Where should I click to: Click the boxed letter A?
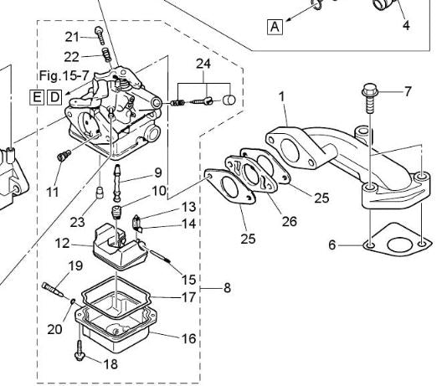(275, 27)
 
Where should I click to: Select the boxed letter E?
(37, 97)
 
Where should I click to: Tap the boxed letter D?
(54, 97)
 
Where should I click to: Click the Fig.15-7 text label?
(64, 75)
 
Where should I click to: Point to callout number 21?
(72, 37)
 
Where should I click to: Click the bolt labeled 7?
(368, 98)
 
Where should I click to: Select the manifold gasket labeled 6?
(398, 239)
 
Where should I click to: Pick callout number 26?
(290, 222)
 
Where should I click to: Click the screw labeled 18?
(80, 351)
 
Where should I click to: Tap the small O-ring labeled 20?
(73, 301)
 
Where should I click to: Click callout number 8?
(227, 288)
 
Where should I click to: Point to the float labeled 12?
(120, 247)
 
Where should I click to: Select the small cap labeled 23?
(100, 193)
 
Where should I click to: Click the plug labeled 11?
(64, 156)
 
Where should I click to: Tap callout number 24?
(203, 64)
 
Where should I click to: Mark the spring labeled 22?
(106, 54)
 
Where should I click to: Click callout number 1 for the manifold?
(282, 97)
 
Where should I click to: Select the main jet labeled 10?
(116, 213)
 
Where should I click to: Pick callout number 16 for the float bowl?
(189, 338)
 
